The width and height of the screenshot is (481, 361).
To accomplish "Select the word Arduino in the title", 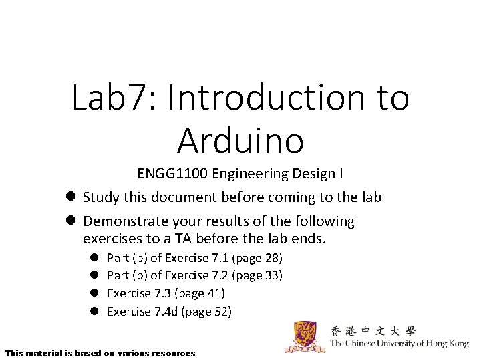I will pyautogui.click(x=240, y=140).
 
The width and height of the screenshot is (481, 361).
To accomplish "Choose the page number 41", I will pyautogui.click(x=214, y=293).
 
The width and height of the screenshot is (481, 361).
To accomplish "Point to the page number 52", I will pyautogui.click(x=221, y=311).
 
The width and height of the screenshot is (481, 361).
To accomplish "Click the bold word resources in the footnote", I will pyautogui.click(x=174, y=352).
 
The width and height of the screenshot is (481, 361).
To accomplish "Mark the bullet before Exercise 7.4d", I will pyautogui.click(x=95, y=311).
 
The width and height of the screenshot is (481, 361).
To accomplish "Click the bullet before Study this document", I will pyautogui.click(x=70, y=197).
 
